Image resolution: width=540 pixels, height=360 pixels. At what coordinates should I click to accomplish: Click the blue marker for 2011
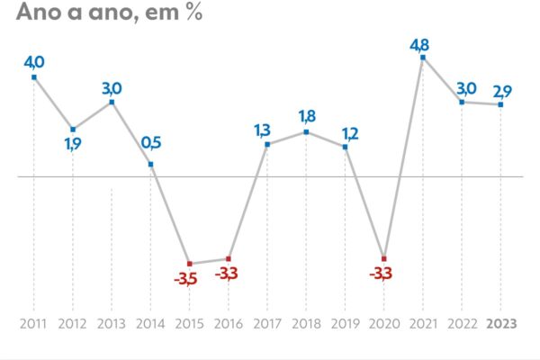[34, 77]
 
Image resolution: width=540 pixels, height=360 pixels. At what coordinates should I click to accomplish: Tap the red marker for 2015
[190, 263]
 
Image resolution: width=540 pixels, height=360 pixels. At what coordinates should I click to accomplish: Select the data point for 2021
[423, 58]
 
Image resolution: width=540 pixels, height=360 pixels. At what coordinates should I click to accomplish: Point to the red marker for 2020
[384, 258]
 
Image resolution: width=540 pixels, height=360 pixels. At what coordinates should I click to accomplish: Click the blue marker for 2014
[150, 165]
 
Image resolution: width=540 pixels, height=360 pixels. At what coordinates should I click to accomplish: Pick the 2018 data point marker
[306, 132]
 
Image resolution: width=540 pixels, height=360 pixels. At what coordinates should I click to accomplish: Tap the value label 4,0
[34, 61]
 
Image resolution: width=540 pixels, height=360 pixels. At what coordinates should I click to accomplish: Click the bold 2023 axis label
[501, 323]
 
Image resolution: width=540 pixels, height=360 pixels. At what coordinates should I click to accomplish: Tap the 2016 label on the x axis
[228, 323]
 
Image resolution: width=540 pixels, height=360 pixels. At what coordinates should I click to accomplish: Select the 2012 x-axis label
[73, 323]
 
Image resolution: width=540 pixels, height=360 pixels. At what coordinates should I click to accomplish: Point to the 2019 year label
[345, 323]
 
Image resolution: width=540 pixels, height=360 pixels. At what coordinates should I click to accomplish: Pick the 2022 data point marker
[462, 102]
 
